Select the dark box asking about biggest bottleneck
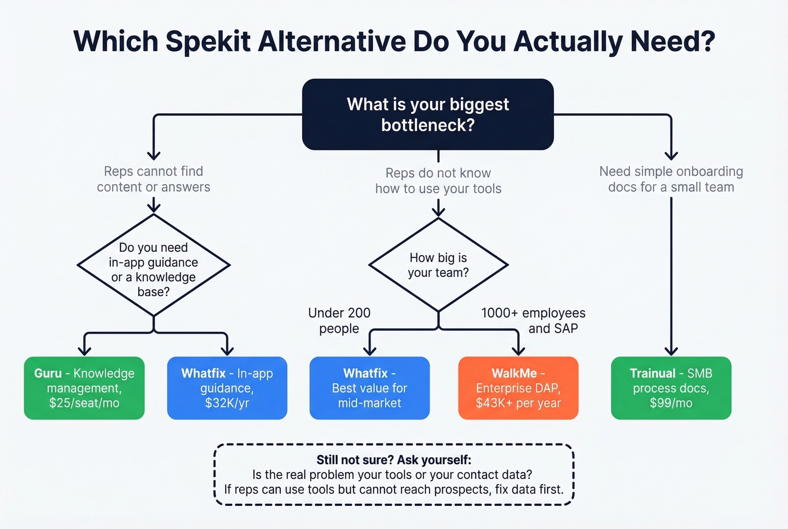tap(428, 114)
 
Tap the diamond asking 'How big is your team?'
tap(438, 265)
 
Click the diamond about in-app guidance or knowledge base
tap(153, 265)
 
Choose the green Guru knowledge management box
tap(84, 388)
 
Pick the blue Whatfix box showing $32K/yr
tap(227, 388)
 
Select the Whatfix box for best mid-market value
tap(369, 388)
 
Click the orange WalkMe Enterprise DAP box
tap(518, 388)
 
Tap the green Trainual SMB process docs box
tap(671, 388)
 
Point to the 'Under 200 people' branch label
tap(339, 321)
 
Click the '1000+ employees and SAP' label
tap(533, 321)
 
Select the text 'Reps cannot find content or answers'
tap(153, 179)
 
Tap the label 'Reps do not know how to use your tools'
tap(438, 181)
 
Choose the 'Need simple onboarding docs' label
tap(671, 179)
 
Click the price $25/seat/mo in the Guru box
tap(84, 403)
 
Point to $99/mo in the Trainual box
tap(671, 403)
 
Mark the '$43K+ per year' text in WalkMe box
tap(518, 403)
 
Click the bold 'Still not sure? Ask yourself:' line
tap(393, 460)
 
